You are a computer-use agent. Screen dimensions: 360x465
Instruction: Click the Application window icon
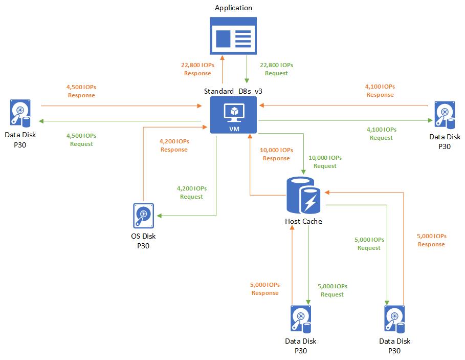[x=233, y=35]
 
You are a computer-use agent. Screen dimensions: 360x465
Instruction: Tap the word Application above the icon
[x=233, y=8]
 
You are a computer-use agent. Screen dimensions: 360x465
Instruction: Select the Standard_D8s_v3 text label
[x=234, y=91]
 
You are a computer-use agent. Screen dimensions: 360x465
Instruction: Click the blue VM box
[x=234, y=115]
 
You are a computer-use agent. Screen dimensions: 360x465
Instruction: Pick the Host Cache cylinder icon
[x=303, y=197]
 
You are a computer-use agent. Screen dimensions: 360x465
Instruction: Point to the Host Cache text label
[x=303, y=221]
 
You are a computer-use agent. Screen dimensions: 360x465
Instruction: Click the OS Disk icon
[x=143, y=216]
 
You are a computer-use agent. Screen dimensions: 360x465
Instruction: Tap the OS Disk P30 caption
[x=143, y=241]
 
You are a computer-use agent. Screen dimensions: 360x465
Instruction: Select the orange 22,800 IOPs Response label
[x=197, y=69]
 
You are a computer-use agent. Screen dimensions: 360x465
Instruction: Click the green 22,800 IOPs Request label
[x=276, y=69]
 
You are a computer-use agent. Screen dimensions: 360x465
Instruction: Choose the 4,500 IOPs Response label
[x=81, y=91]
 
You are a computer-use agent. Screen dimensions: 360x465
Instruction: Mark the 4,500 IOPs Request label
[x=81, y=140]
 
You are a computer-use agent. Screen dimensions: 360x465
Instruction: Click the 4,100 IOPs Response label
[x=380, y=91]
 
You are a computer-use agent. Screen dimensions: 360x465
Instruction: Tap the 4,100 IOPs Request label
[x=381, y=134]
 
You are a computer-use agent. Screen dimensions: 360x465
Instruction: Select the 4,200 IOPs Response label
[x=174, y=145]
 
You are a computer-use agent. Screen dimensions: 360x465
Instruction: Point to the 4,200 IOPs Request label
[x=191, y=193]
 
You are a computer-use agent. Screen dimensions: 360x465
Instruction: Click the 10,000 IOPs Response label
[x=276, y=154]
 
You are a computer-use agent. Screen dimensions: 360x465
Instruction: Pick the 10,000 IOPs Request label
[x=325, y=162]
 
